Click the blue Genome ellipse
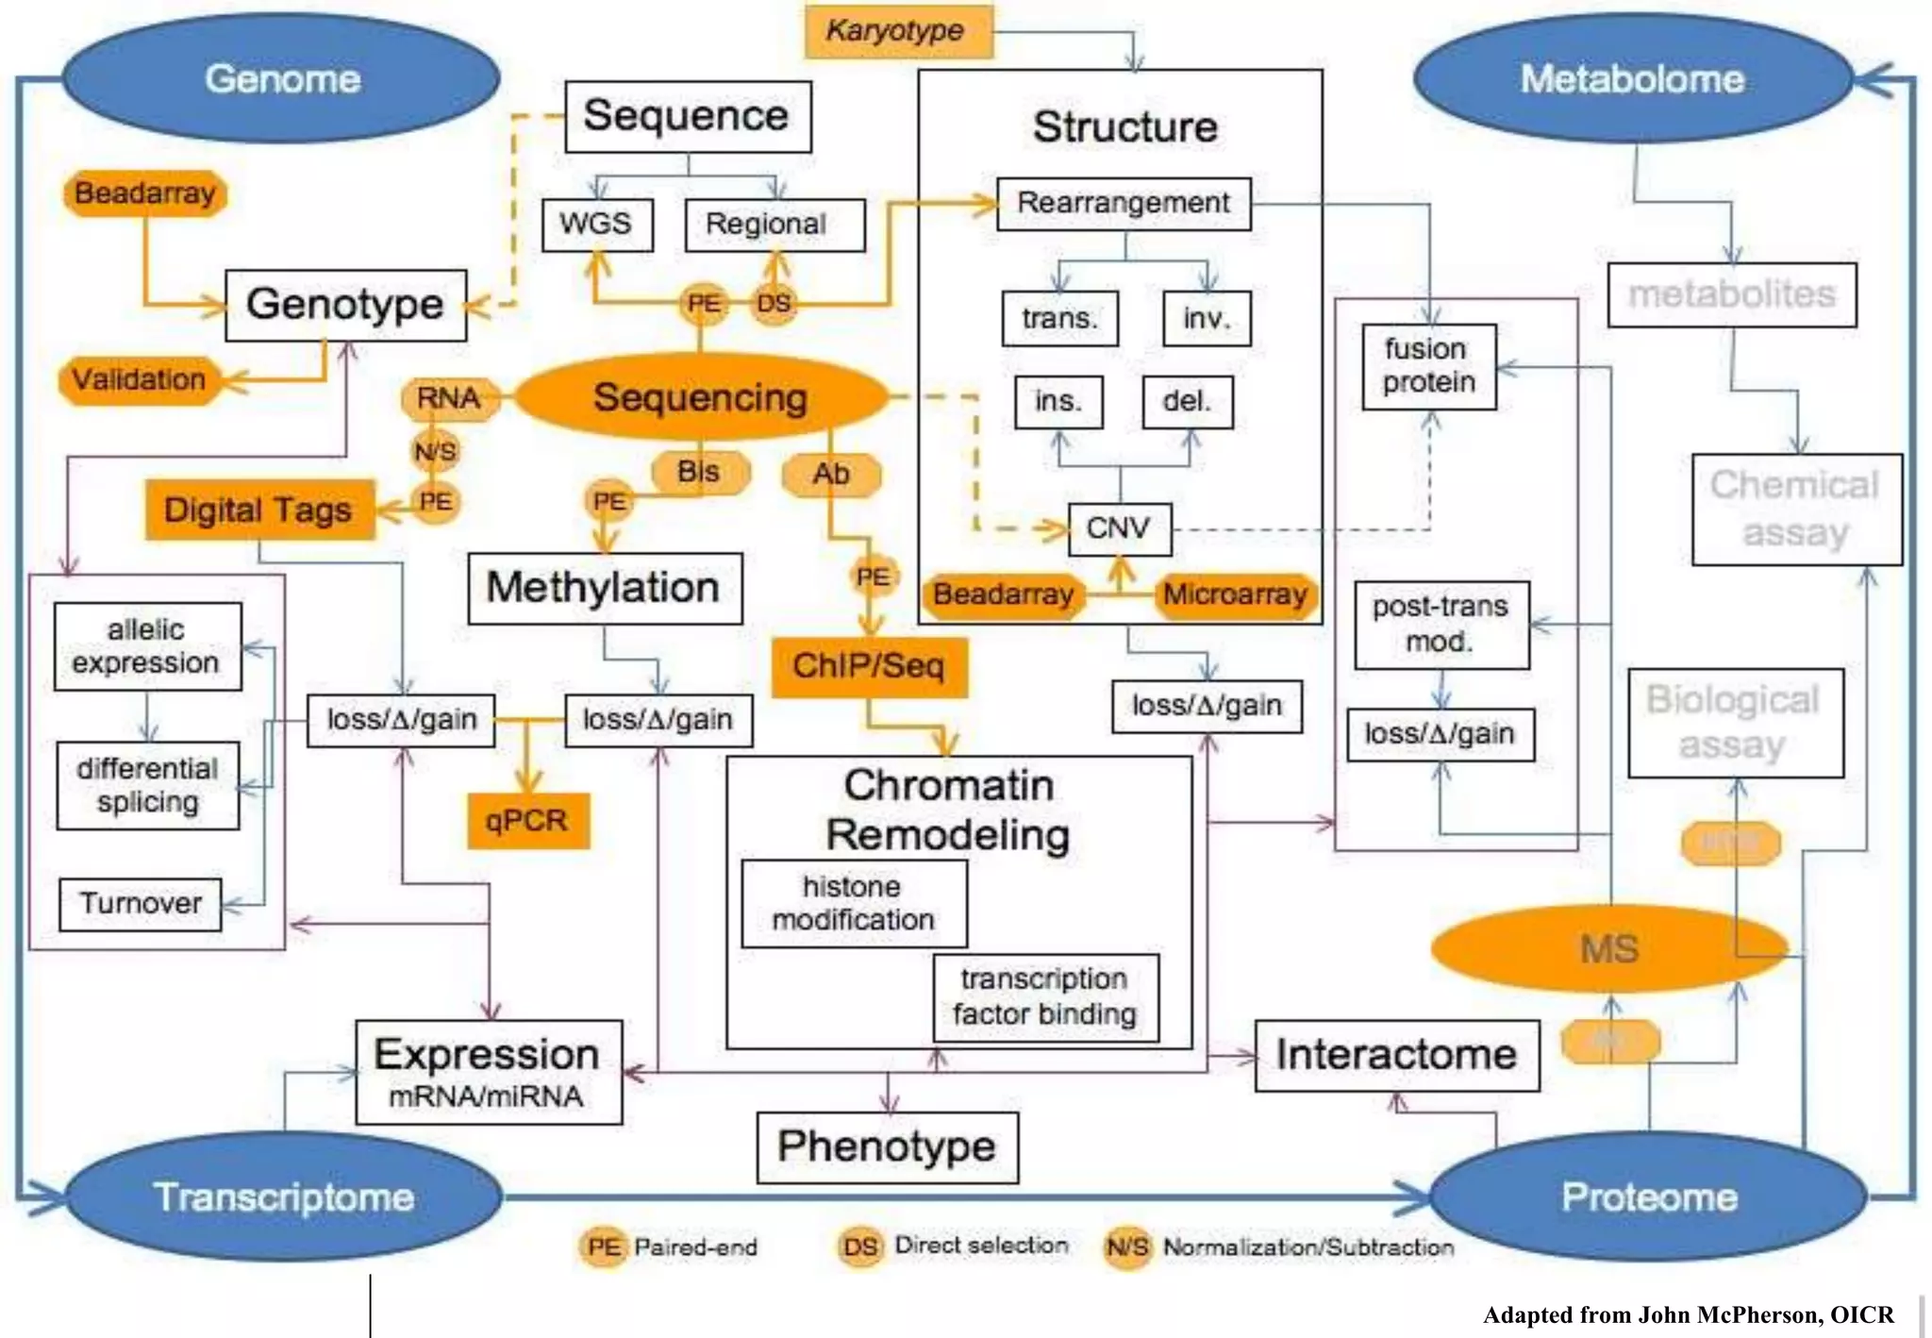[281, 79]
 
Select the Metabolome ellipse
[1632, 79]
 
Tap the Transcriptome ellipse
[283, 1196]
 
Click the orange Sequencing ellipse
[700, 397]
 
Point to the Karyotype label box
[897, 31]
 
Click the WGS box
[596, 225]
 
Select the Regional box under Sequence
[774, 225]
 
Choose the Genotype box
[345, 305]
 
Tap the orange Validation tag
[140, 379]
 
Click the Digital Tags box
[259, 510]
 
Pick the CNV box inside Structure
[1119, 528]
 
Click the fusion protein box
[1428, 366]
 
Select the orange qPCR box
[527, 820]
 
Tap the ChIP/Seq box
[869, 666]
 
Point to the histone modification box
[854, 903]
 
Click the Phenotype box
[887, 1146]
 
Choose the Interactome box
[1396, 1055]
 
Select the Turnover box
[141, 904]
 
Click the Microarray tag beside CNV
[1235, 594]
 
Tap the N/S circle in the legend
[1127, 1247]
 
